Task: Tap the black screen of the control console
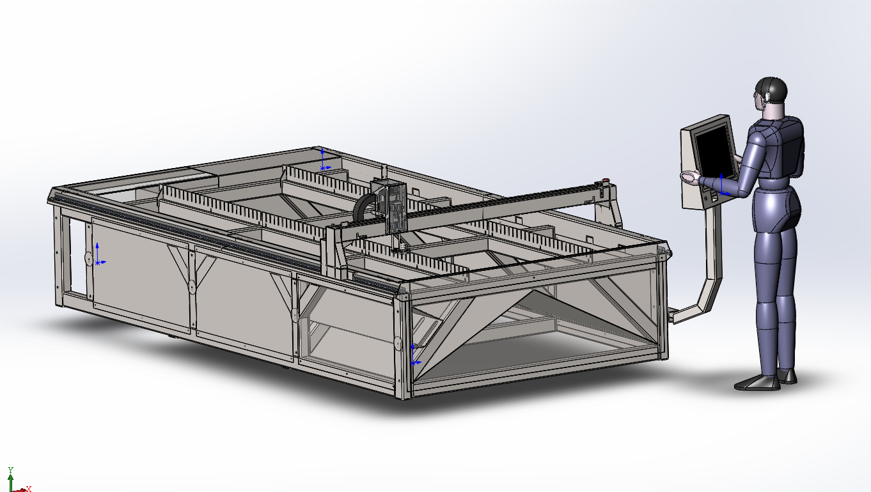pyautogui.click(x=716, y=151)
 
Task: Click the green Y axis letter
pyautogui.click(x=11, y=470)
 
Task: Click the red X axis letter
pyautogui.click(x=29, y=489)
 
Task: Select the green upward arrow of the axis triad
pyautogui.click(x=10, y=482)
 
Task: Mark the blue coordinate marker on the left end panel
pyautogui.click(x=99, y=254)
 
